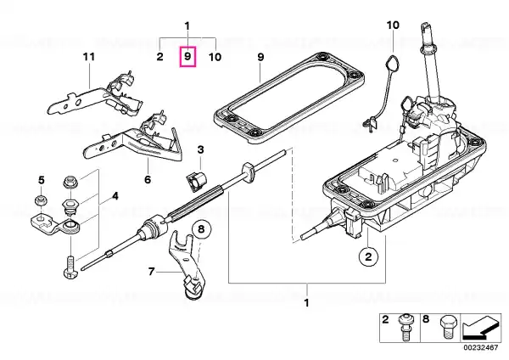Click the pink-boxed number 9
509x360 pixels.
pos(187,57)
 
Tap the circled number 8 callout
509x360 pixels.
pos(201,229)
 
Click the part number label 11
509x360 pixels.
pos(88,57)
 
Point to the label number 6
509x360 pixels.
pos(148,179)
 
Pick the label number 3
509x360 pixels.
pos(200,149)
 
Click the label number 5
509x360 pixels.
pos(42,180)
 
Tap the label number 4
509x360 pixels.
pos(115,196)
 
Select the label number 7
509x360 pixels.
pos(151,271)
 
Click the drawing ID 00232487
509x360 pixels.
pos(481,348)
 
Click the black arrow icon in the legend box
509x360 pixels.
pos(481,328)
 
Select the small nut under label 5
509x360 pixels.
pos(41,200)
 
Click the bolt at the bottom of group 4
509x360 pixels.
pos(70,267)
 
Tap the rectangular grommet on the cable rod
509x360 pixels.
pos(249,172)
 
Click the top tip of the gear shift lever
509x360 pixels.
pos(425,24)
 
